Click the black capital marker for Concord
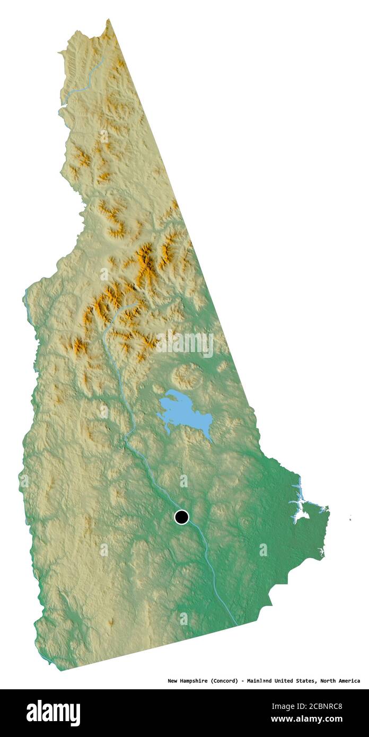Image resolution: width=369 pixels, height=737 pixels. [x=181, y=517]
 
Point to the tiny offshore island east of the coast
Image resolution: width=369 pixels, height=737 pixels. [x=350, y=519]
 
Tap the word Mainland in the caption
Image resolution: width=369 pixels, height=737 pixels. [x=263, y=681]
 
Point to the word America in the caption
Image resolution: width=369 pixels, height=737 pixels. [x=349, y=681]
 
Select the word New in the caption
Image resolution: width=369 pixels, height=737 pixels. [x=173, y=681]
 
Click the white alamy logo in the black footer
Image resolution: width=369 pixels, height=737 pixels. [x=54, y=713]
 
